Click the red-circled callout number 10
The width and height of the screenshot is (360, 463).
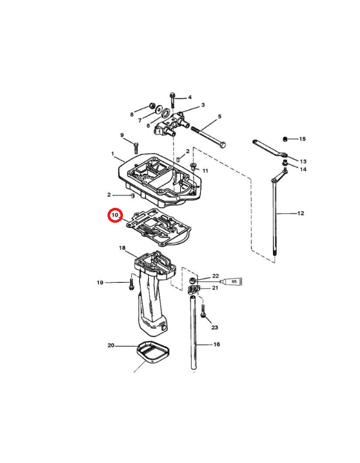[x=115, y=215]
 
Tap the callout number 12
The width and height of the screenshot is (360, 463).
[x=300, y=213]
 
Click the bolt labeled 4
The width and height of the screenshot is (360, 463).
[x=173, y=100]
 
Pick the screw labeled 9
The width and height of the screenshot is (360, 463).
[x=136, y=148]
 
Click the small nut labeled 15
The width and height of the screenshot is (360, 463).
[x=285, y=139]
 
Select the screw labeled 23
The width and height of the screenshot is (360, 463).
[x=203, y=311]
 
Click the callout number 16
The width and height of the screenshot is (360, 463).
[x=217, y=344]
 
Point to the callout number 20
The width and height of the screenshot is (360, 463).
[x=111, y=345]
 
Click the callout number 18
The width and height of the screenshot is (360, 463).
[x=122, y=248]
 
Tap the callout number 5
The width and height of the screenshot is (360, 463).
[x=220, y=117]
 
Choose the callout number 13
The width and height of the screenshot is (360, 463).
[x=303, y=162]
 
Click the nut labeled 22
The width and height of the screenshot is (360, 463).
[x=192, y=280]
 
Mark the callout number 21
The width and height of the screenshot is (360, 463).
[x=215, y=288]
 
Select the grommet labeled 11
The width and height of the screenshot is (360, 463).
[x=193, y=166]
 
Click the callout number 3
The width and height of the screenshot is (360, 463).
[x=203, y=105]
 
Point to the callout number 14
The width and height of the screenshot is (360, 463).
[x=303, y=169]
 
